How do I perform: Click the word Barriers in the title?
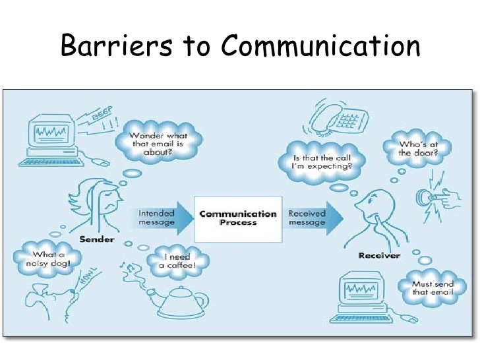click(x=117, y=45)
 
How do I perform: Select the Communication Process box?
click(x=238, y=219)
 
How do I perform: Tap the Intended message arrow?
click(x=162, y=218)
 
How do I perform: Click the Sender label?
click(x=97, y=239)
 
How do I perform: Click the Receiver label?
click(x=379, y=256)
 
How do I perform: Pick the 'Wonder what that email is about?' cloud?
click(x=158, y=143)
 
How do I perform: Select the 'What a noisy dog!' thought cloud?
click(x=47, y=259)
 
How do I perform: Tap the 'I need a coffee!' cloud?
click(x=177, y=261)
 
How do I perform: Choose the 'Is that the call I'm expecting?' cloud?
click(x=322, y=162)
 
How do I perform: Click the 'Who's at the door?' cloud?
click(x=418, y=148)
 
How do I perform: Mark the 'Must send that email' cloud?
click(x=432, y=287)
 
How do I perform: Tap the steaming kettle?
click(x=177, y=301)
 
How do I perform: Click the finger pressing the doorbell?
click(x=444, y=198)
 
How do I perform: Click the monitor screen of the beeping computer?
click(x=51, y=133)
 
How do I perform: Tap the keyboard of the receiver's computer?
click(x=361, y=318)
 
